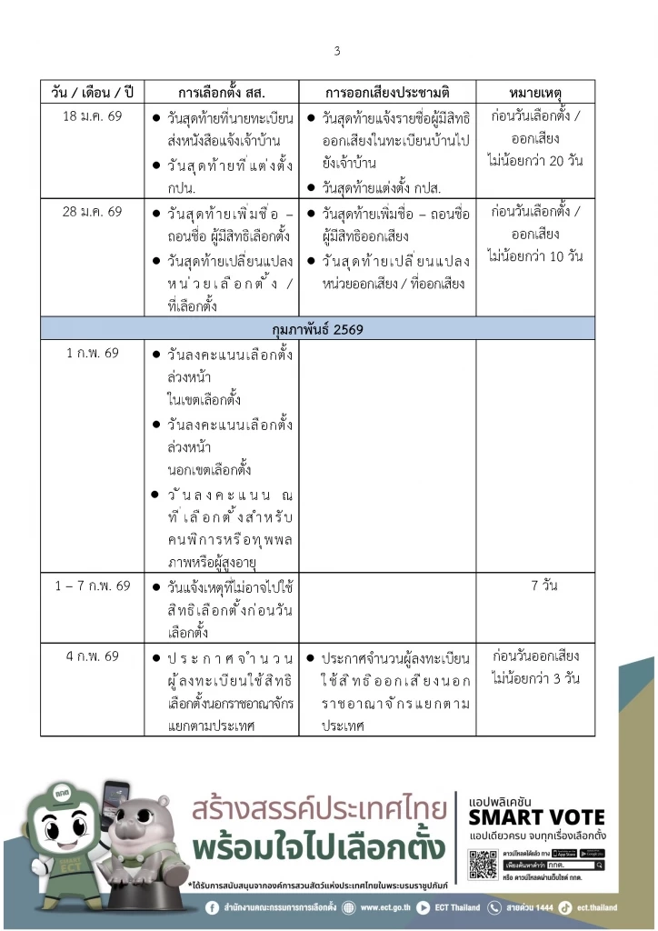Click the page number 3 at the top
click(336, 51)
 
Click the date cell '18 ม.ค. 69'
click(93, 118)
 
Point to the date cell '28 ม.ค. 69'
click(93, 212)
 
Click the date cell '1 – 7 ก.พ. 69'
click(93, 586)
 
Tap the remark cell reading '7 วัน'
click(544, 586)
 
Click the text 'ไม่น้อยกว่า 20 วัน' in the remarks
click(534, 162)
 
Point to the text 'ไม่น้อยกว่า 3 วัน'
click(534, 679)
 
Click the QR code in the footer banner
click(483, 864)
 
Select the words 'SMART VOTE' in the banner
click(536, 816)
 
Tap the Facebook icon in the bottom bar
click(213, 907)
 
